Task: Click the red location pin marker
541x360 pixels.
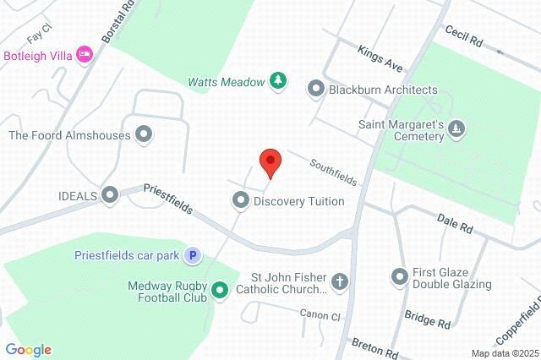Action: point(270,161)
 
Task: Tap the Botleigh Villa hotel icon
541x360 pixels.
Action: point(84,54)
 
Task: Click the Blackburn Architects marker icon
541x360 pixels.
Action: point(316,88)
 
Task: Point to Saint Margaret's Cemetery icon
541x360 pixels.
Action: point(456,128)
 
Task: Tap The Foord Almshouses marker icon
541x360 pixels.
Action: point(144,134)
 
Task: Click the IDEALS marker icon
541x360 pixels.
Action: point(109,195)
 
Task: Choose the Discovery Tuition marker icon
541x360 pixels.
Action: point(241,200)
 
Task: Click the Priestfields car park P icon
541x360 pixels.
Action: point(194,253)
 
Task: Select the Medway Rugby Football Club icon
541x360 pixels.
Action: point(220,292)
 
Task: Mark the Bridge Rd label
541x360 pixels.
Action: point(427,319)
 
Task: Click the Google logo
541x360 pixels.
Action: point(28,350)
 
